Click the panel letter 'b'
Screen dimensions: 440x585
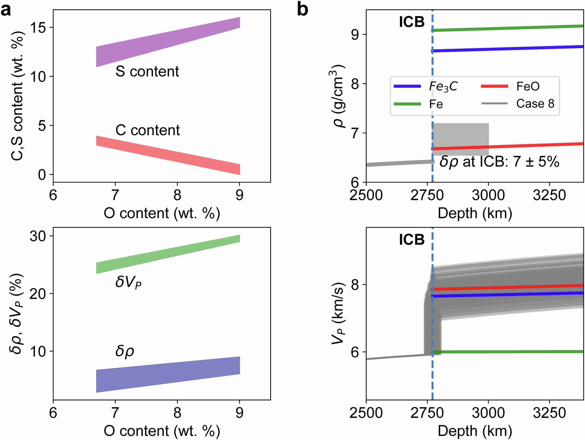point(302,10)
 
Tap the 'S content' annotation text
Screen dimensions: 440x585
point(147,71)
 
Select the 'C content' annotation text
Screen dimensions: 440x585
point(147,130)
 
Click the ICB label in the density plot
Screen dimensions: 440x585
point(411,22)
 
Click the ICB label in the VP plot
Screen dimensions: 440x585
point(411,240)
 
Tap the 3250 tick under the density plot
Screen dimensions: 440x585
point(549,195)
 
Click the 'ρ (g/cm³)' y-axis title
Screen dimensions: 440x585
point(338,96)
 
